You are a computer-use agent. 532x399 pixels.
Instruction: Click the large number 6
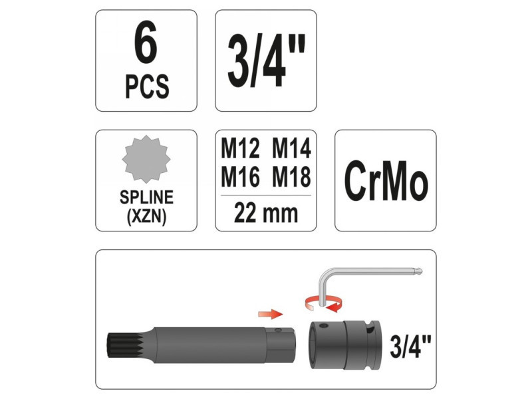point(146,43)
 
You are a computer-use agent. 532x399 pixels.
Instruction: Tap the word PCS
point(147,86)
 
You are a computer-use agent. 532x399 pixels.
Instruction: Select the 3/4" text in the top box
point(267,61)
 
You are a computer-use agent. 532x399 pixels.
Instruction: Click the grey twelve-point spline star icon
point(146,159)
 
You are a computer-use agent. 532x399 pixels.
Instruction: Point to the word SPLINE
point(146,197)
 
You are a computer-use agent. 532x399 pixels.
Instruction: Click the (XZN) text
point(146,217)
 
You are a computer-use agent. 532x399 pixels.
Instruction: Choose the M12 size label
point(240,148)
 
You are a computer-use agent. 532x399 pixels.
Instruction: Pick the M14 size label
point(292,148)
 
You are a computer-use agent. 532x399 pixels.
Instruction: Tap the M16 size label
point(240,177)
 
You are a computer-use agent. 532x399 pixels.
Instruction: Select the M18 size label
point(292,177)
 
